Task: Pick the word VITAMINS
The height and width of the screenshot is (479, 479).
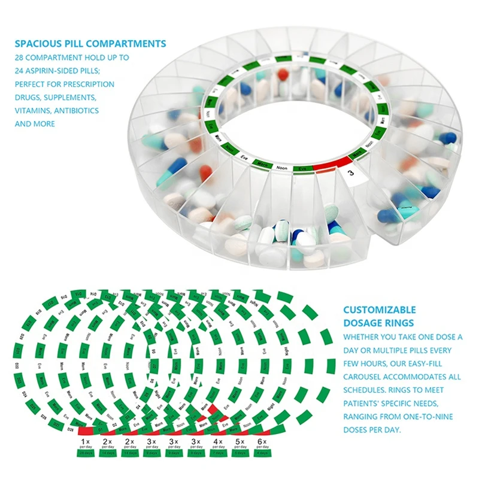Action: click(x=34, y=111)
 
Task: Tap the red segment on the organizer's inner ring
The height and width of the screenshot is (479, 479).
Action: click(x=329, y=165)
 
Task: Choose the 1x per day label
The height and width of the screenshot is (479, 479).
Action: click(x=86, y=444)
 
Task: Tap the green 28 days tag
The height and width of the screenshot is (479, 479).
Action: click(x=86, y=453)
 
